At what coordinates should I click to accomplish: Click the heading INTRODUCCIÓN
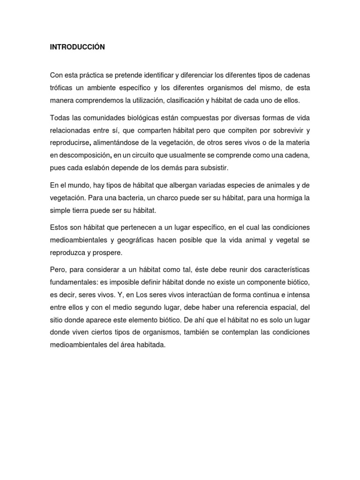coord(77,47)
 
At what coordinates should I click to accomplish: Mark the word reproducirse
coord(68,143)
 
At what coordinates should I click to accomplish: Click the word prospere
coord(108,253)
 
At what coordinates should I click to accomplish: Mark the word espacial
coord(281,307)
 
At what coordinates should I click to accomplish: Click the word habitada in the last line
coord(151,344)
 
